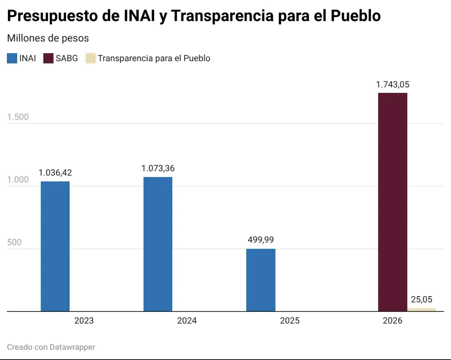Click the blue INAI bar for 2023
55,246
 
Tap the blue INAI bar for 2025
261,280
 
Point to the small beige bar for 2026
422,309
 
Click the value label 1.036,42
55,173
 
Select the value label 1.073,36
158,168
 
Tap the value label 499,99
261,240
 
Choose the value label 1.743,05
393,84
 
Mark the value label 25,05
422,299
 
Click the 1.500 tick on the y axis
18,117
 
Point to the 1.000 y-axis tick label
18,180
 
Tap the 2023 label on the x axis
84,320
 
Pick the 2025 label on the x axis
290,320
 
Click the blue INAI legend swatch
12,58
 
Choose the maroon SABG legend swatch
49,58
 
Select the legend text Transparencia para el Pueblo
154,58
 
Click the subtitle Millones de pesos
48,38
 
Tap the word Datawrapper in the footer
72,347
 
